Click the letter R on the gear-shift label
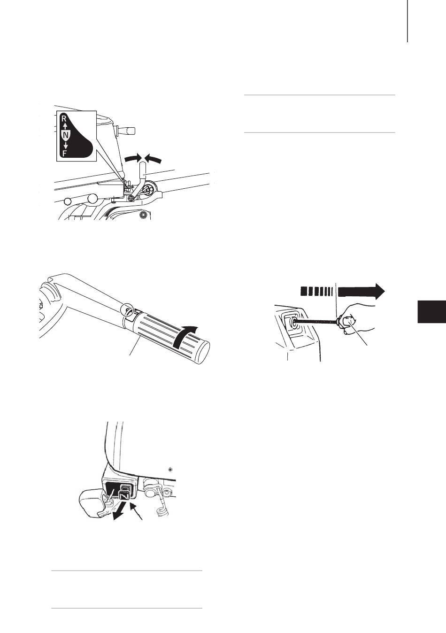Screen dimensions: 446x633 (64, 118)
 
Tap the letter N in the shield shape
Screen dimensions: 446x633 (65, 136)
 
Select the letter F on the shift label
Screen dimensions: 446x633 (65, 154)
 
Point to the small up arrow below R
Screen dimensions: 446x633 (65, 125)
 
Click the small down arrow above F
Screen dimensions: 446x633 (66, 146)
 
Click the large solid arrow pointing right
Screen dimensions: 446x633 (361, 291)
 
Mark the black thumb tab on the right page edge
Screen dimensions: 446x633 (431, 311)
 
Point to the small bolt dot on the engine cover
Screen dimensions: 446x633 (170, 470)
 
